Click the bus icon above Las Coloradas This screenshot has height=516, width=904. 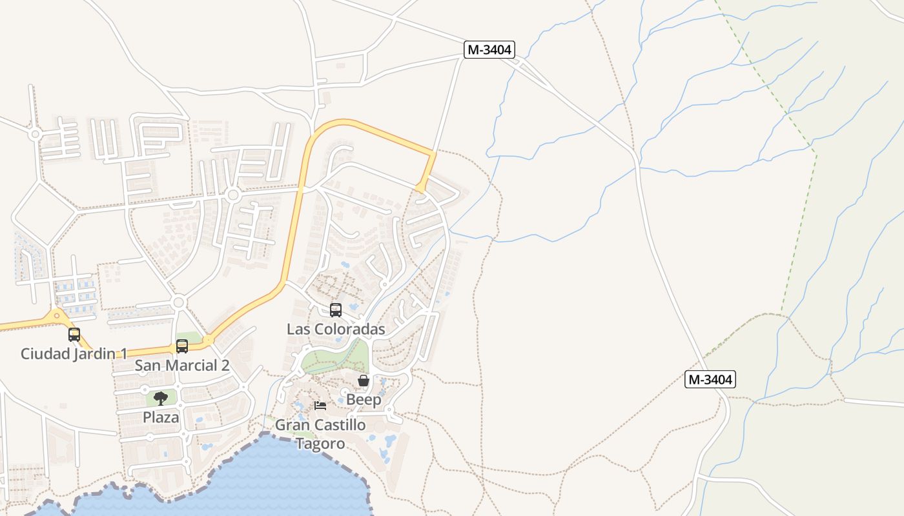click(x=336, y=310)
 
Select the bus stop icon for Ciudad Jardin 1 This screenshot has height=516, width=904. click(x=74, y=335)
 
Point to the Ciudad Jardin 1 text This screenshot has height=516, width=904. click(x=74, y=353)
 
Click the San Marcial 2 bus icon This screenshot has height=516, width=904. click(x=182, y=346)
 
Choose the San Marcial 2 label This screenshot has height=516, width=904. click(x=182, y=365)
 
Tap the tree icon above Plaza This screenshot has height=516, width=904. click(x=161, y=399)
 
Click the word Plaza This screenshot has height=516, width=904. click(x=161, y=417)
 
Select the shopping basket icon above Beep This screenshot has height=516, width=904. click(x=364, y=381)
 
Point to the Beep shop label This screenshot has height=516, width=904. click(x=364, y=399)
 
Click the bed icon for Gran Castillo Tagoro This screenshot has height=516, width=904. click(x=320, y=406)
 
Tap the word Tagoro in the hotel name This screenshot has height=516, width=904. click(x=320, y=444)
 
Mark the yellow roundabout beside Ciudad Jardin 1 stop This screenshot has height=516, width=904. click(x=57, y=315)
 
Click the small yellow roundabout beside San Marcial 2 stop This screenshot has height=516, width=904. click(x=208, y=339)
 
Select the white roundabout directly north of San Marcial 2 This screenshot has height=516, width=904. click(x=180, y=302)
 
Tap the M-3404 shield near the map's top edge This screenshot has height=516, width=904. click(x=489, y=50)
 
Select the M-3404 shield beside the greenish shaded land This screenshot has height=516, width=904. click(x=710, y=379)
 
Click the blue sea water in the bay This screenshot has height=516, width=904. click(x=271, y=477)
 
